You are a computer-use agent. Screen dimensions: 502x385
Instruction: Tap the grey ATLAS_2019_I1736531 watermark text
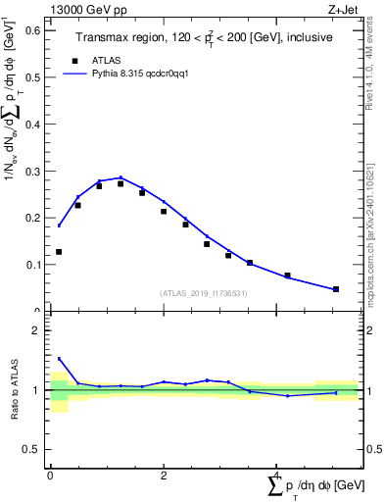[203, 293]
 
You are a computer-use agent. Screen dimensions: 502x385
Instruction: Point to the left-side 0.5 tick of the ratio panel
[31, 450]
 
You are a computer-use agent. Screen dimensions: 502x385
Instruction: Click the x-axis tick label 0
[50, 476]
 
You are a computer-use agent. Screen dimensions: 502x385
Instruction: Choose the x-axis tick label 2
[164, 476]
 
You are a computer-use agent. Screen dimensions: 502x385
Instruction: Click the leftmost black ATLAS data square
[59, 252]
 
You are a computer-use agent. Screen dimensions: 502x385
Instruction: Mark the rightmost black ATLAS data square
[336, 289]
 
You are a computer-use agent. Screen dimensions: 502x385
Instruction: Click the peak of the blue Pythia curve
[120, 177]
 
